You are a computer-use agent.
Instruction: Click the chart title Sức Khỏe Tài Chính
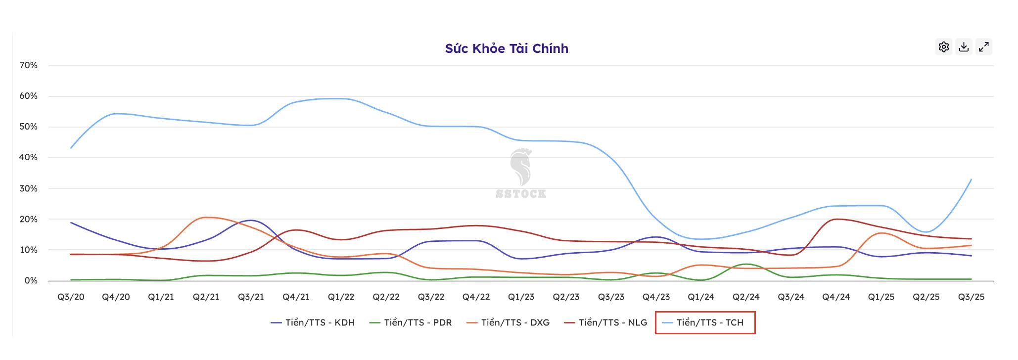tap(507, 48)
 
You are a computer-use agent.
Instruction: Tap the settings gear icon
tap(944, 47)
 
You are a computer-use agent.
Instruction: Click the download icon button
tap(964, 47)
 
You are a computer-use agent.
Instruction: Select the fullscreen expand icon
tap(984, 47)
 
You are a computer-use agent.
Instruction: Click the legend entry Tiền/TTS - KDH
tap(313, 322)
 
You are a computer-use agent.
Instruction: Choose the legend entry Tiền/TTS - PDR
tap(411, 322)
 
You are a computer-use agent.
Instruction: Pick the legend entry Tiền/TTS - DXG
tap(508, 322)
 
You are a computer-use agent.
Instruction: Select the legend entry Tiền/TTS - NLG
tap(606, 322)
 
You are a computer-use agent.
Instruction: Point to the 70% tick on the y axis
tap(28, 65)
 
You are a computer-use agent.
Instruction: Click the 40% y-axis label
tap(28, 157)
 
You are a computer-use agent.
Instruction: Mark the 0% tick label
tap(31, 280)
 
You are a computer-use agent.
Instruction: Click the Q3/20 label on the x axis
tap(71, 297)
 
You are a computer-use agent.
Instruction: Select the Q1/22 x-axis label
tap(341, 297)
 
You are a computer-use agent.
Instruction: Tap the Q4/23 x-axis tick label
tap(656, 297)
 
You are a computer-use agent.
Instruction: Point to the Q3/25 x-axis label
tap(971, 297)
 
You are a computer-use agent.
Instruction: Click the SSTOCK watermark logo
tap(520, 173)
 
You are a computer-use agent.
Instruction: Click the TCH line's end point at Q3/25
tap(971, 180)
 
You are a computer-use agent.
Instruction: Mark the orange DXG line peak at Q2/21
tap(206, 218)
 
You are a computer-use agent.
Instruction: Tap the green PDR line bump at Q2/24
tap(746, 265)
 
